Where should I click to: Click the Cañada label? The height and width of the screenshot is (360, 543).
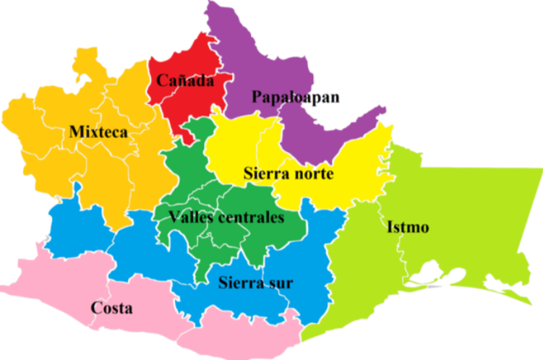(x=185, y=81)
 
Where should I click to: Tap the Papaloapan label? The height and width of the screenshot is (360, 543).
(x=296, y=97)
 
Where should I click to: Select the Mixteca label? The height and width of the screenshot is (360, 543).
(x=98, y=132)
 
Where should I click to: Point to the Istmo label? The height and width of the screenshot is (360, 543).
(x=408, y=228)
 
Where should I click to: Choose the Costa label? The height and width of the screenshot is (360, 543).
(x=111, y=308)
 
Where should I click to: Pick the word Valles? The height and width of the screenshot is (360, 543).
(x=187, y=218)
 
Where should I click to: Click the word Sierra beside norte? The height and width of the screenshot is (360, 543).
(x=266, y=174)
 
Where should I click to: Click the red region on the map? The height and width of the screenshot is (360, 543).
(x=181, y=105)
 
